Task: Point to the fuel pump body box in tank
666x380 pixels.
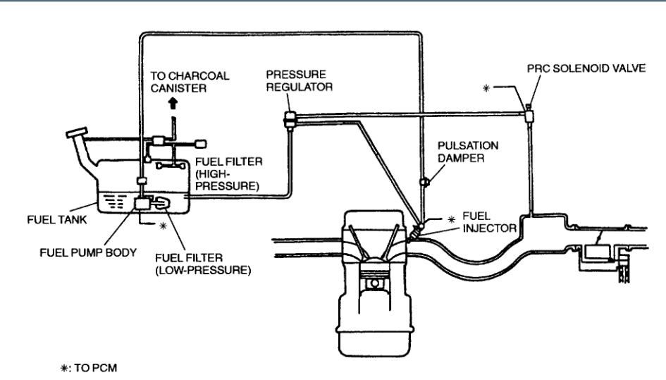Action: (x=144, y=204)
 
